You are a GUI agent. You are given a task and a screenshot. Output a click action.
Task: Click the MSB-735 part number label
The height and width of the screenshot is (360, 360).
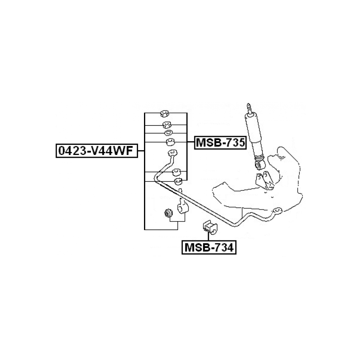click(220, 142)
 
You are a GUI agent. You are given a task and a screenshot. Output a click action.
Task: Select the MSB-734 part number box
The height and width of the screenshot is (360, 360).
click(209, 247)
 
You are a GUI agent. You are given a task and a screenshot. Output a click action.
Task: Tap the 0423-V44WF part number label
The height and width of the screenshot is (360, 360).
click(97, 151)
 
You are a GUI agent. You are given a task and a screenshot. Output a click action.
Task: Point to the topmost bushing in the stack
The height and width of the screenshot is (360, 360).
click(164, 113)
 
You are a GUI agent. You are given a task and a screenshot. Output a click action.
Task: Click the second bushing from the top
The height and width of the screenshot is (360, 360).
click(167, 125)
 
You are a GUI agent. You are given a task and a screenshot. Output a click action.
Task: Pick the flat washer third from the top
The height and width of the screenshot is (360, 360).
click(168, 133)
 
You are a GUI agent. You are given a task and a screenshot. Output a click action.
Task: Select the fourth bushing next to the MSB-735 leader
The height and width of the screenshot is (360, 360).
click(171, 142)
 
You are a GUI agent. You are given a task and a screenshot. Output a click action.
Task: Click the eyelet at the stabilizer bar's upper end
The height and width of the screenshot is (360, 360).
click(173, 153)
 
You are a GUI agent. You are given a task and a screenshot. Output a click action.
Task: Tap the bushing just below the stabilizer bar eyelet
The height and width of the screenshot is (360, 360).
click(176, 172)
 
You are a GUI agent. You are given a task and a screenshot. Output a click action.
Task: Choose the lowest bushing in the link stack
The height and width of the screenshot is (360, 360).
click(178, 181)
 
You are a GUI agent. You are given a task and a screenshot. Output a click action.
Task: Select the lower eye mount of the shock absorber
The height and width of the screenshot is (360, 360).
click(260, 164)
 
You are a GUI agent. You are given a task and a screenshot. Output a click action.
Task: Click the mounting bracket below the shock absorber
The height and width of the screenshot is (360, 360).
click(265, 181)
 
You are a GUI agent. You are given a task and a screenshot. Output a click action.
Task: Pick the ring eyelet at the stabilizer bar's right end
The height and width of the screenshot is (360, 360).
click(278, 210)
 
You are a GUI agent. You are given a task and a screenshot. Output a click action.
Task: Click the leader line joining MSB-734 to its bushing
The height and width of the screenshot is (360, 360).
click(208, 236)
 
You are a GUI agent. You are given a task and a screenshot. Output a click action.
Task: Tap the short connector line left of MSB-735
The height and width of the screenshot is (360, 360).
click(191, 142)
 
